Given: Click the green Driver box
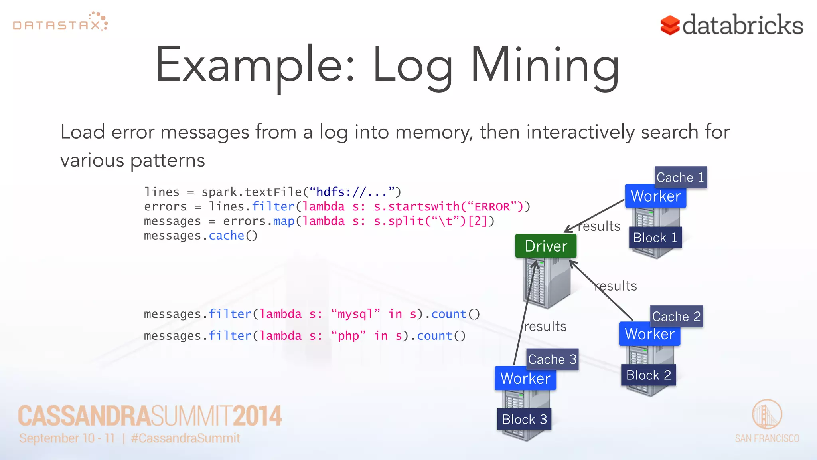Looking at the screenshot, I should click(546, 246).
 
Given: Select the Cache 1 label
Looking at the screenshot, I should click(681, 177).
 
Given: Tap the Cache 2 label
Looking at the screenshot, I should click(676, 317).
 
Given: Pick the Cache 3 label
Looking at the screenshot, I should click(552, 359).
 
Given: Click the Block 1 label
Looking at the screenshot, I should click(655, 238).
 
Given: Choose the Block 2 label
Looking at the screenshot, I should click(648, 375).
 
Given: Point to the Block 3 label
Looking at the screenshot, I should click(524, 419).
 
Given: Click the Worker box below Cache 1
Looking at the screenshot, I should click(655, 196).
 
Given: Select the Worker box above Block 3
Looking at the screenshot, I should click(525, 378).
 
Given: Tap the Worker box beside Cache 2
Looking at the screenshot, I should click(649, 334).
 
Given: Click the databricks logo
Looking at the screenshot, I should click(732, 25).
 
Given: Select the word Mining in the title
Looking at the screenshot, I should click(545, 66).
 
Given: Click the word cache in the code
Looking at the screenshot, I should click(226, 236).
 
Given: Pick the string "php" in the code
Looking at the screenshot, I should click(348, 336).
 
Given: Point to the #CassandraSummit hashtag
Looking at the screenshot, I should click(186, 438).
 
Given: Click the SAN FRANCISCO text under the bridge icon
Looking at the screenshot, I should click(767, 438).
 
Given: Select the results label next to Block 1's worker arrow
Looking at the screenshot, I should click(599, 226).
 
